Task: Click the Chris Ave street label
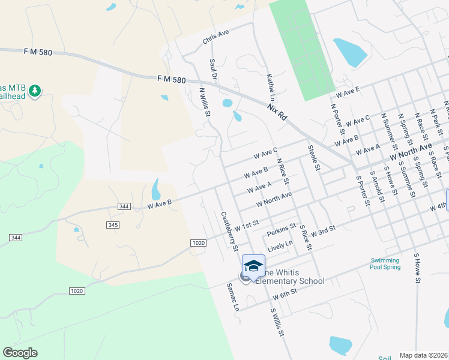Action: coord(216,37)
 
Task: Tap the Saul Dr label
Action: coord(212,68)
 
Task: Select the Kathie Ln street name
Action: coord(271,87)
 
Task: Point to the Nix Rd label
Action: coord(277,111)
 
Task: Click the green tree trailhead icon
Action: coord(35,90)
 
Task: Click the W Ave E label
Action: coord(348,92)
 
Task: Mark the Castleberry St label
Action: coord(229,232)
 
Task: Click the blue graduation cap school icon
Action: coord(253,265)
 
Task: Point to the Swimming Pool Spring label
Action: coord(384,263)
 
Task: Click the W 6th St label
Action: coord(285,294)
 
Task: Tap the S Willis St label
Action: coord(276,322)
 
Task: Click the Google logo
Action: coord(20,353)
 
